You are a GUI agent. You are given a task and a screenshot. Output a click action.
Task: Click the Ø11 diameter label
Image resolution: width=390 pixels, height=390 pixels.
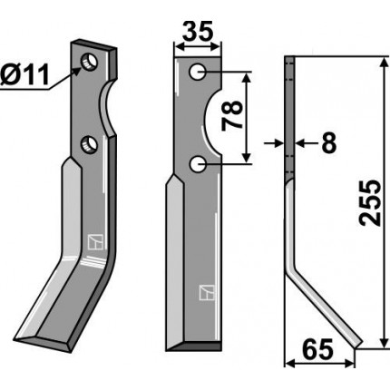[x=24, y=75]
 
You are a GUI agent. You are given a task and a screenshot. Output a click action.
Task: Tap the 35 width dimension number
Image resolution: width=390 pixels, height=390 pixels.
[x=198, y=32]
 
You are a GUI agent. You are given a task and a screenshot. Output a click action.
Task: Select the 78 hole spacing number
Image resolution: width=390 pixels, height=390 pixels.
[x=232, y=116]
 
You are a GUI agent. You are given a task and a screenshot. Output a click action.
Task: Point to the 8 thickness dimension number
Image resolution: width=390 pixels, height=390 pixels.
[x=329, y=143]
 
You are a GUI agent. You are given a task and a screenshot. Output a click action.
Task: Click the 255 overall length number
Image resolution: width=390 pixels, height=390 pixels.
[x=370, y=203]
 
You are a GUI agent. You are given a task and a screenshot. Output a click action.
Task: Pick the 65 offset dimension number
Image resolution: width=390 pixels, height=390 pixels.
[x=317, y=349]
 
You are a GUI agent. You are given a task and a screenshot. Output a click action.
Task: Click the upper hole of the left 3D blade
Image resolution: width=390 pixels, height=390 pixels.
[x=89, y=62]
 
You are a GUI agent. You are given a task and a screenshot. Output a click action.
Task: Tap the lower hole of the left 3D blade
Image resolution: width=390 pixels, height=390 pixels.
[x=89, y=144]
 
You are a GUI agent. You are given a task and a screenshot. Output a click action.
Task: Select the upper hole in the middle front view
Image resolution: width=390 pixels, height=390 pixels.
[x=198, y=72]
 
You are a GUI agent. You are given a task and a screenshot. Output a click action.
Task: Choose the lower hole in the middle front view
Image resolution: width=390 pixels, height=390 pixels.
[x=198, y=165]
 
